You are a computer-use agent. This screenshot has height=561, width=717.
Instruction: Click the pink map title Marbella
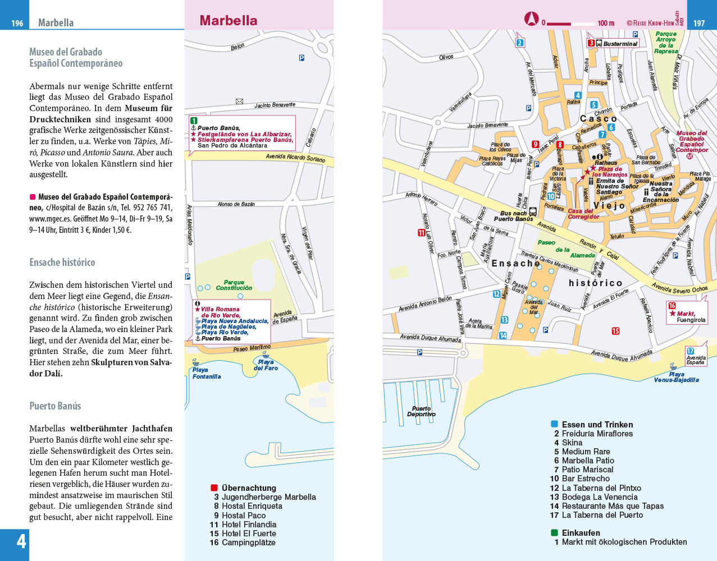tap(229, 21)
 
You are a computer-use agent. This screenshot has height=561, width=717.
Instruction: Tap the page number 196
tap(17, 24)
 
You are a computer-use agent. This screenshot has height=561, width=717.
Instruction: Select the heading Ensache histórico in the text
tap(62, 263)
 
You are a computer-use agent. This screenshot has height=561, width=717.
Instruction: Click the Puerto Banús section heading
tap(55, 406)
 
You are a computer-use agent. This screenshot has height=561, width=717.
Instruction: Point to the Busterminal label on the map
tap(620, 44)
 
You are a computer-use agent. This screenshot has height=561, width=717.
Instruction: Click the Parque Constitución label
tap(234, 285)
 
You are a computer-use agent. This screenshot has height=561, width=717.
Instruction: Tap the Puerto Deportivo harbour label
tap(421, 411)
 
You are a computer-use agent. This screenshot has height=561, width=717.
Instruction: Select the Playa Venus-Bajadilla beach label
tap(676, 377)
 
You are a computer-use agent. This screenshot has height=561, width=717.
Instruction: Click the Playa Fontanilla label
tap(206, 373)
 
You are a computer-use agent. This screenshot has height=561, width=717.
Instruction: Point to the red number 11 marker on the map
tap(422, 233)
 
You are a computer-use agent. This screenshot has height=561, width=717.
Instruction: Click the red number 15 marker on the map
tap(615, 331)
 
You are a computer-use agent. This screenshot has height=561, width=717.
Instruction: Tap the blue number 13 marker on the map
tap(504, 320)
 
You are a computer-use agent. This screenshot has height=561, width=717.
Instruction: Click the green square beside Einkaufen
tap(554, 533)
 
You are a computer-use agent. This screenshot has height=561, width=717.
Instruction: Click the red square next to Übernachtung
tap(214, 488)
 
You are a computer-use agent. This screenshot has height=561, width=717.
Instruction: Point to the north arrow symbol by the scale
tap(531, 20)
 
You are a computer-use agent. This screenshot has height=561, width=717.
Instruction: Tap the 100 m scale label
tap(606, 24)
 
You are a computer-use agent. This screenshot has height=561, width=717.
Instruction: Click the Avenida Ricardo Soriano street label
tap(295, 158)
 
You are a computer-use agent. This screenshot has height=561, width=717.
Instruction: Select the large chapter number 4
tap(21, 542)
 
